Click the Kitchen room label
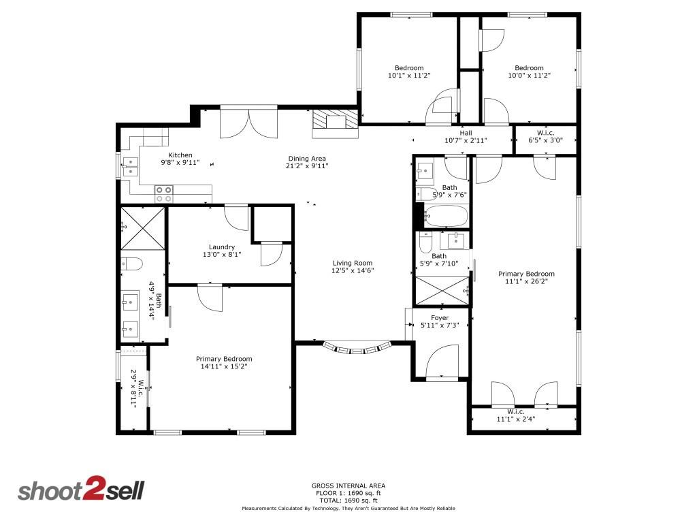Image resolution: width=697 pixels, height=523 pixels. [x=180, y=155]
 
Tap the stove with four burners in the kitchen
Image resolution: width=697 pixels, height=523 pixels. [x=164, y=193]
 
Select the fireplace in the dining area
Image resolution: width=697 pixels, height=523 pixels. [x=335, y=123]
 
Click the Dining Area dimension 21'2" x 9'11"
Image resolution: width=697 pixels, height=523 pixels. [x=307, y=165]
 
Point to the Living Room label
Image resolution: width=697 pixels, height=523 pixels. [x=353, y=263]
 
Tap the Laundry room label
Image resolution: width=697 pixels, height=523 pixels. [x=222, y=247]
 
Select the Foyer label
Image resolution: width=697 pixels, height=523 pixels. [x=440, y=318]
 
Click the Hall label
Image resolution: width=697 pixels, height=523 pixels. [x=466, y=133]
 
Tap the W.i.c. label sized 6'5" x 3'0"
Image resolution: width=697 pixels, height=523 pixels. [x=545, y=133]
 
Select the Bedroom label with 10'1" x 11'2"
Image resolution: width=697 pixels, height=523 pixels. [x=409, y=68]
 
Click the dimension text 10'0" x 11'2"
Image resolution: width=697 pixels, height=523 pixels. [x=529, y=76]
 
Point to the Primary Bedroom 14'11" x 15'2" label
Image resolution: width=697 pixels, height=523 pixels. [x=224, y=359]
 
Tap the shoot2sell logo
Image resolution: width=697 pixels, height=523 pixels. [x=80, y=491]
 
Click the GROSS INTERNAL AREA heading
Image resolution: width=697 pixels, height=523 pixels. [x=348, y=486]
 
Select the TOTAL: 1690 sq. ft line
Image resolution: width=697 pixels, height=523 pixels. [x=348, y=500]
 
